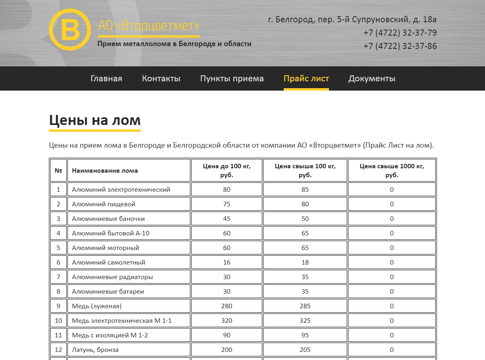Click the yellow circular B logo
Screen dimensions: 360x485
coord(70,30)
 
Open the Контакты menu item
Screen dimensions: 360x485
coord(161,78)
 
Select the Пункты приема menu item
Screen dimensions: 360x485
coord(232,78)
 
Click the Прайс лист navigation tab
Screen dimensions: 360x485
coord(306,78)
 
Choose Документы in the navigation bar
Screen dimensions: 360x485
coord(372,78)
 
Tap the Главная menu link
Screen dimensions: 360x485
coord(106,78)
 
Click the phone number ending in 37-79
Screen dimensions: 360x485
coord(400,33)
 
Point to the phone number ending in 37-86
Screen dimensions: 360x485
coord(400,46)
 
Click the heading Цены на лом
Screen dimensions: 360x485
coord(95,121)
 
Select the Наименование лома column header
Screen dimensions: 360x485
coord(105,171)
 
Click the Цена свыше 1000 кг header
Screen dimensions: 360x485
coord(392,170)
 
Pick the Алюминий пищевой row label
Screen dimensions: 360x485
coord(103,204)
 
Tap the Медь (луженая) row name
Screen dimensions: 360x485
coord(97,306)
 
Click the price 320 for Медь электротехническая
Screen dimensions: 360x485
coord(227,321)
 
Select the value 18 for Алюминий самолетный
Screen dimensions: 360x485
coord(305,263)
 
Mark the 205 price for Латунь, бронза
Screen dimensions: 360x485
coord(305,350)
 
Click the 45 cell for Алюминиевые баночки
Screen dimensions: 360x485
coord(227,219)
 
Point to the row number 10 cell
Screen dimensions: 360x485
coord(58,321)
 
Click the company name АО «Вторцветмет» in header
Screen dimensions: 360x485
coord(149,26)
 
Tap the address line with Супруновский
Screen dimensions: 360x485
coord(352,19)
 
